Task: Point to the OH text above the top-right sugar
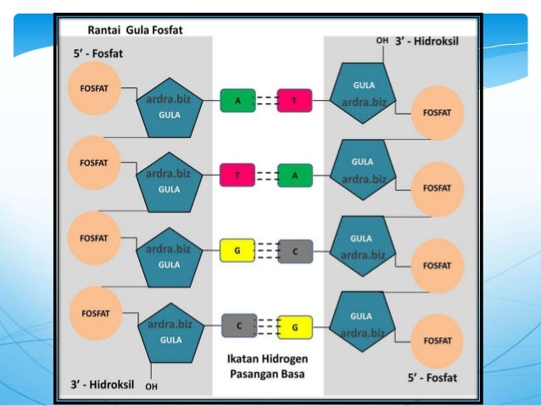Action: coord(382,42)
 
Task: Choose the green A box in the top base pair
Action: coord(238,101)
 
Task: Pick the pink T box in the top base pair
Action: coord(294,101)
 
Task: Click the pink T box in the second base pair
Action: coord(238,175)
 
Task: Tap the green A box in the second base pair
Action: coord(294,175)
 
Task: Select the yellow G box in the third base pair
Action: coord(238,251)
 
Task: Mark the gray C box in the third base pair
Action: coord(294,251)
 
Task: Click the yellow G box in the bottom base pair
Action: coord(294,325)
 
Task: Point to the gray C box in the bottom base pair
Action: coord(238,325)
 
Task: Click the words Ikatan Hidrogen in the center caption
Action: coord(267,358)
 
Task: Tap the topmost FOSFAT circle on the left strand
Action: coord(95,88)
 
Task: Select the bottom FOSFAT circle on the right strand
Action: coord(438,340)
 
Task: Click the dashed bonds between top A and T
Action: coord(266,101)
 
